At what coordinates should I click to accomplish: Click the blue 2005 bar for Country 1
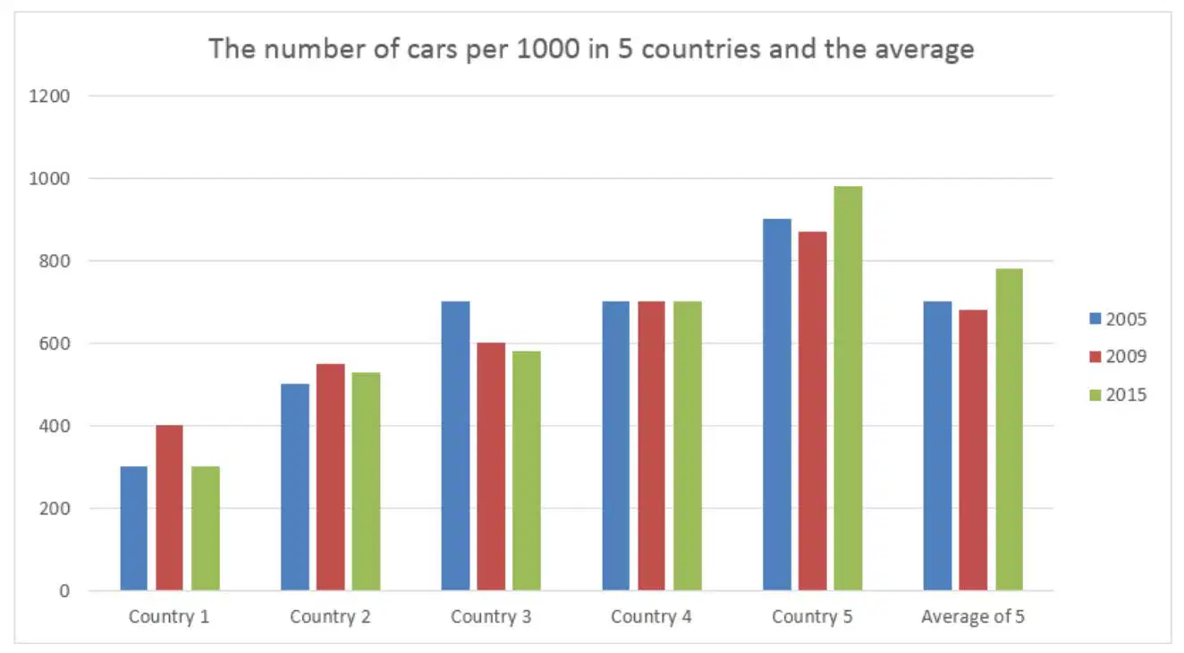pyautogui.click(x=134, y=529)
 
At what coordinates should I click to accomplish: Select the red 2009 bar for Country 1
pyautogui.click(x=169, y=507)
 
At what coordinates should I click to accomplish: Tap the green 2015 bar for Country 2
pyautogui.click(x=366, y=481)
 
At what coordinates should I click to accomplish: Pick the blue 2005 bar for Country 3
pyautogui.click(x=455, y=445)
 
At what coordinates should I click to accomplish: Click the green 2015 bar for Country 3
pyautogui.click(x=527, y=471)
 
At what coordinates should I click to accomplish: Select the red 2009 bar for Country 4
pyautogui.click(x=651, y=445)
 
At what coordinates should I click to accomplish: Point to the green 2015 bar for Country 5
pyautogui.click(x=848, y=388)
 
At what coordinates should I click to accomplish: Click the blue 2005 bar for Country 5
pyautogui.click(x=777, y=404)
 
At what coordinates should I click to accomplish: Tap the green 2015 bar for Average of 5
pyautogui.click(x=1009, y=429)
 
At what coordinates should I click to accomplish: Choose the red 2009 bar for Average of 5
pyautogui.click(x=973, y=450)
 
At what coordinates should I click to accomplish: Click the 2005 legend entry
pyautogui.click(x=1118, y=318)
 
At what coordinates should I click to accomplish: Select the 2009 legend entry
pyautogui.click(x=1118, y=356)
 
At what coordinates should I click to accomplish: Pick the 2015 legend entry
pyautogui.click(x=1118, y=394)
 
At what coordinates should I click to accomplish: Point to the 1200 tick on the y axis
pyautogui.click(x=49, y=97)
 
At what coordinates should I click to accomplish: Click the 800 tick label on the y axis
pyautogui.click(x=55, y=260)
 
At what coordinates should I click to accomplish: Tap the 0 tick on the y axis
pyautogui.click(x=64, y=590)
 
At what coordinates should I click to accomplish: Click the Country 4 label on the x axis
pyautogui.click(x=651, y=616)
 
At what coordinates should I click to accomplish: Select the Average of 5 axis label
pyautogui.click(x=973, y=616)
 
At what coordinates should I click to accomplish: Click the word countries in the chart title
pyautogui.click(x=701, y=49)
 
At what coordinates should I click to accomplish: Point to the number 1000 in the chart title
pyautogui.click(x=547, y=48)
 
